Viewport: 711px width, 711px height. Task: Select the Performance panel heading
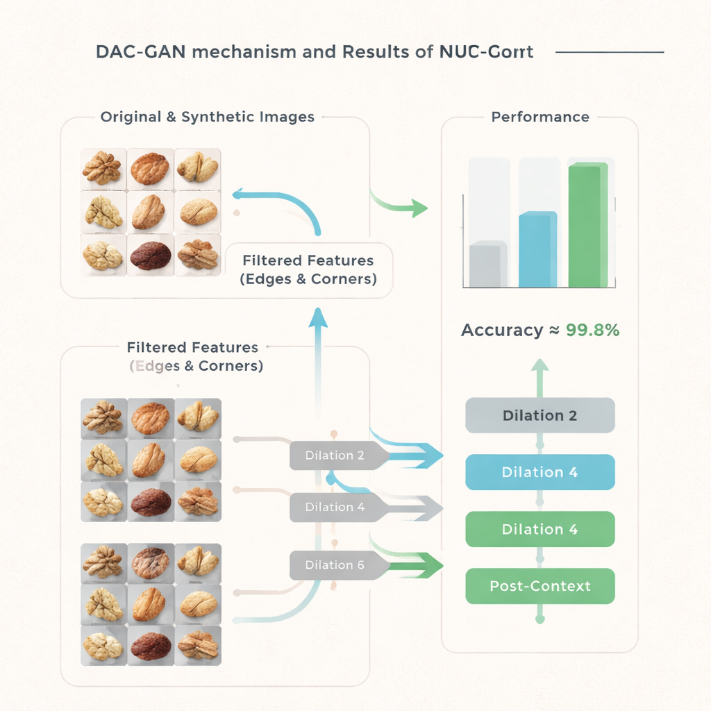coord(540,117)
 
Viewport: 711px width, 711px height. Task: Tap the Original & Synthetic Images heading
coord(207,117)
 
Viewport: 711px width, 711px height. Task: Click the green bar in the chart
coord(587,225)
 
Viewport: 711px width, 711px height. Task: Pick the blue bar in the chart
coord(537,249)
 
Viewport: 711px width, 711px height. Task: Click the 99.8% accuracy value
coord(592,330)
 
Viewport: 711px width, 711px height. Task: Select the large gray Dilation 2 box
coord(539,415)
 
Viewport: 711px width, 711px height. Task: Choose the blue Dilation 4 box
coord(539,472)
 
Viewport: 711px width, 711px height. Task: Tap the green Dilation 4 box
coord(539,529)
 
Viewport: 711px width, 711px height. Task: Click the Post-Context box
coord(539,585)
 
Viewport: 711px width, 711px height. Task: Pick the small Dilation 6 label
coord(334,564)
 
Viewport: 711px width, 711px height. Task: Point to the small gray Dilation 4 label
coord(334,507)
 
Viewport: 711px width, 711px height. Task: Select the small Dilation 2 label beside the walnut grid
coord(334,455)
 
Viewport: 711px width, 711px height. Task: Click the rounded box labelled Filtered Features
coord(308,270)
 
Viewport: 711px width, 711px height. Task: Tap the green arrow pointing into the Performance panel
coord(417,206)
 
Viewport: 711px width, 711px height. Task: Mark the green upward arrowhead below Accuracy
coord(540,365)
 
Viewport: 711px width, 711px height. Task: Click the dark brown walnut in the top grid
coord(151,256)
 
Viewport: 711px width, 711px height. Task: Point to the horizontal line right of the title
coord(610,52)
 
